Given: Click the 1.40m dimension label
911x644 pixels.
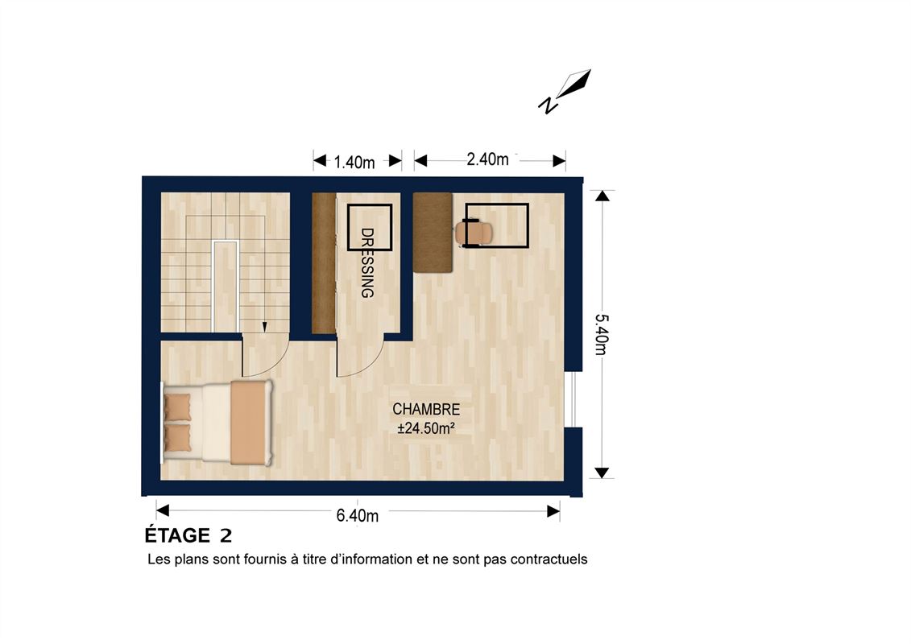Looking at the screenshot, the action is [x=354, y=162].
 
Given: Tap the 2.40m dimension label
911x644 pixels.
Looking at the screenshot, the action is [x=487, y=159].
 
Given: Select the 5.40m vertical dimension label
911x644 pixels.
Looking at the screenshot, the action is [x=602, y=335].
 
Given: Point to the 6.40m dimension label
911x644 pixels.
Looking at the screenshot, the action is [x=358, y=515].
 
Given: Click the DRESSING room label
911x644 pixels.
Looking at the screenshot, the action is [x=367, y=263].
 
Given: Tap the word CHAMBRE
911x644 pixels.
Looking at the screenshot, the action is [x=426, y=410].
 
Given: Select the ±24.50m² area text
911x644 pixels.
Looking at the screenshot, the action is [x=426, y=428].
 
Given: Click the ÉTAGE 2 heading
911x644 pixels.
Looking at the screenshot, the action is [x=188, y=535].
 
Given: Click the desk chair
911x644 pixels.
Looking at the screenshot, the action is [x=473, y=233].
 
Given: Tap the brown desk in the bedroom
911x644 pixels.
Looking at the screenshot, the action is [x=433, y=233].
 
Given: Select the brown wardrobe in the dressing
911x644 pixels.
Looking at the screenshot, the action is [x=324, y=263].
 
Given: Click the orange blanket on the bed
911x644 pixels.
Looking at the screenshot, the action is [x=249, y=423].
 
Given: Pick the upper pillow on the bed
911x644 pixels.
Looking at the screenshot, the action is [x=178, y=407].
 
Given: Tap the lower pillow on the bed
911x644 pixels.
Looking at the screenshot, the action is [x=178, y=438].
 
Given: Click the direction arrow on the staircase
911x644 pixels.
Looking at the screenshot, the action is [x=264, y=328].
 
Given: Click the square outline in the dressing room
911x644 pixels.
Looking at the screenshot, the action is [x=370, y=227].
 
